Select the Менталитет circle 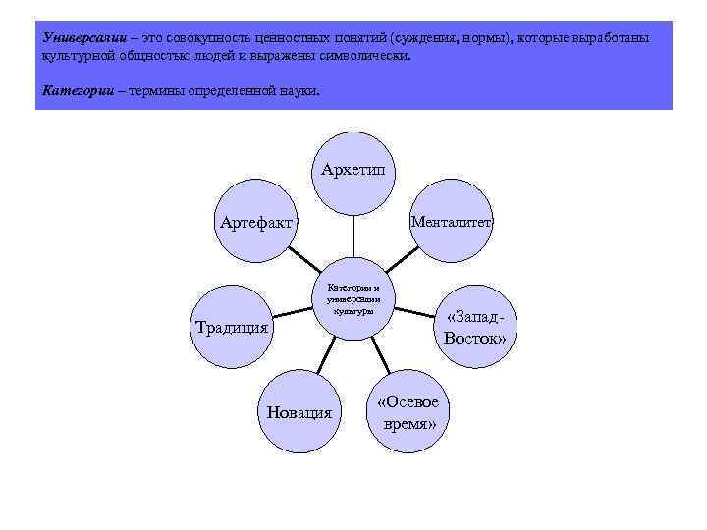(x=452, y=222)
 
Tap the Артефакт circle (x=256, y=223)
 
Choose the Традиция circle (x=233, y=327)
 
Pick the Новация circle (x=299, y=411)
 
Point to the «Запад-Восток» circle (x=475, y=328)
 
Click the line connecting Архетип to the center (x=353, y=238)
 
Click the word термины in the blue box (x=161, y=90)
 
